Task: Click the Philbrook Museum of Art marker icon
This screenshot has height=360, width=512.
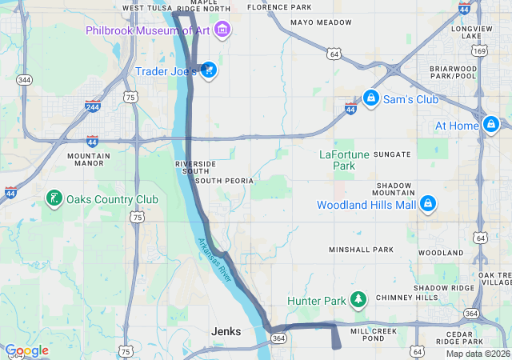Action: coord(222,30)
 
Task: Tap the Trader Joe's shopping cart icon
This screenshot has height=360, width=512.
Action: coord(208,70)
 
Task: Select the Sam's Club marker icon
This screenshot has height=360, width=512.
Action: coord(370,98)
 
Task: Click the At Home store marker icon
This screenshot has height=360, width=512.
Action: coord(491,125)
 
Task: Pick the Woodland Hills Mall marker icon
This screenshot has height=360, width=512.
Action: coord(428,204)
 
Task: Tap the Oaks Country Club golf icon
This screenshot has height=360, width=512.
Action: coord(54,198)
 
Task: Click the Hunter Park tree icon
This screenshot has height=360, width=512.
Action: coord(359,301)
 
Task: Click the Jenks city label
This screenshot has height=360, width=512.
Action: coord(226,331)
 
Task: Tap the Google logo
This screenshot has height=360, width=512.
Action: coord(26,350)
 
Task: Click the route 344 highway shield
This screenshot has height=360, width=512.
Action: coord(25,80)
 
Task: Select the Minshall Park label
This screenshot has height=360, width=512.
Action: coord(362,250)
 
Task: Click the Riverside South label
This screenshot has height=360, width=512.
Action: coord(195,167)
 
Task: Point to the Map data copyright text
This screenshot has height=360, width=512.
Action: coord(478,354)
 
